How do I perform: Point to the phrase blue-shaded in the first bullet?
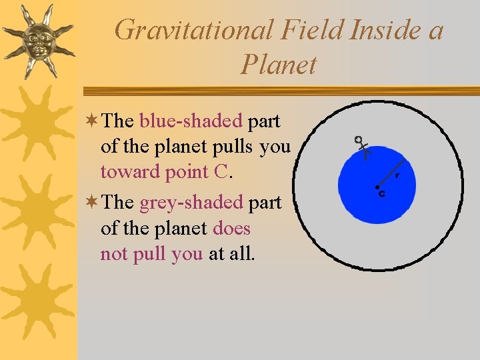coord(191,121)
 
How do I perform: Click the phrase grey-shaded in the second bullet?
coord(191,201)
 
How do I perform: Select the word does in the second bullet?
coord(231,228)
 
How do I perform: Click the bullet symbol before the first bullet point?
coord(93,121)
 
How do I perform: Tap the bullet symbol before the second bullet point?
coord(93,201)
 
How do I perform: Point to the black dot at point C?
coord(377,187)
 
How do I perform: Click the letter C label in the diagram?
coord(382,194)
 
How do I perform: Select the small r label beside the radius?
coord(397,175)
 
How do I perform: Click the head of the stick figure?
coord(358,140)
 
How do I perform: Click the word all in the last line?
coord(241,254)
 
